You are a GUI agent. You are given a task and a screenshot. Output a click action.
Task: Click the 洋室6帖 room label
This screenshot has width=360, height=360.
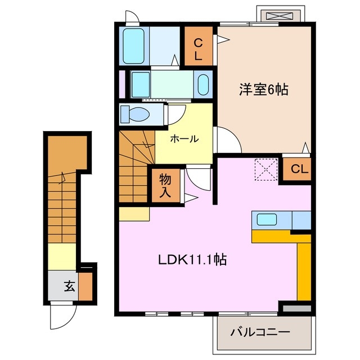263,90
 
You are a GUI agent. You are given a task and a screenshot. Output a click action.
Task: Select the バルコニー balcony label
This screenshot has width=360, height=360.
260,332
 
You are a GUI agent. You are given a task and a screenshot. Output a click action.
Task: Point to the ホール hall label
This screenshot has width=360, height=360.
184,139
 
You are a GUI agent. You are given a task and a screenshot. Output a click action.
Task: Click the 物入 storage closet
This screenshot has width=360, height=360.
165,186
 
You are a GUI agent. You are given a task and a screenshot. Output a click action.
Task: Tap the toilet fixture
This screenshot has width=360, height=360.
135,114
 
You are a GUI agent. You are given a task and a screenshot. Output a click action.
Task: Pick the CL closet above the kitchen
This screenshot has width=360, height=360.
296,169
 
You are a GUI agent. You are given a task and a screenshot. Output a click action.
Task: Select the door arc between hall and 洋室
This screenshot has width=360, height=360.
228,139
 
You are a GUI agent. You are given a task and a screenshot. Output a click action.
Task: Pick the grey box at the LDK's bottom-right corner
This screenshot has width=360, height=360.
296,308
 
